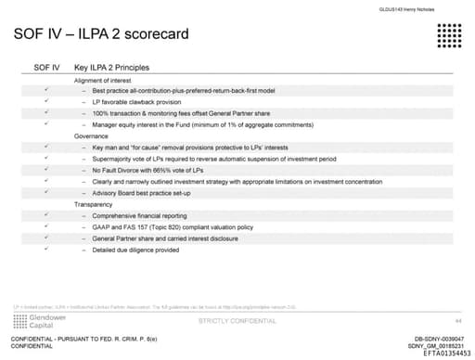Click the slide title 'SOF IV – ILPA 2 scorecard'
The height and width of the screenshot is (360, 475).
tap(102, 35)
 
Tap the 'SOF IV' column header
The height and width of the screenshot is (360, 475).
tap(46, 68)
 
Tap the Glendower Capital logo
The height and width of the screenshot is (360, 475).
tap(35, 320)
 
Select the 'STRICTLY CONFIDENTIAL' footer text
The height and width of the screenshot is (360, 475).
tap(237, 320)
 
